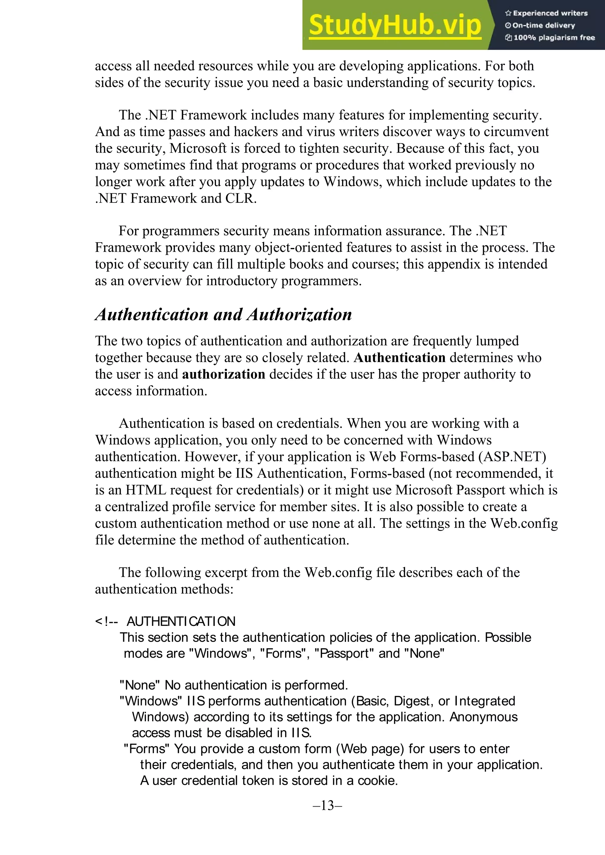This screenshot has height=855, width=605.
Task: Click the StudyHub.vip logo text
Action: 395,25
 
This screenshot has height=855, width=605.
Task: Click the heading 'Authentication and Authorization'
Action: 224,315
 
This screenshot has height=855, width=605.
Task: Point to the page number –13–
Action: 328,805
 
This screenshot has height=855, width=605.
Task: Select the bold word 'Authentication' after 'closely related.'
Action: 400,358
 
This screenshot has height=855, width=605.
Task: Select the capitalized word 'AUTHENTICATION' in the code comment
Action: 181,621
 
